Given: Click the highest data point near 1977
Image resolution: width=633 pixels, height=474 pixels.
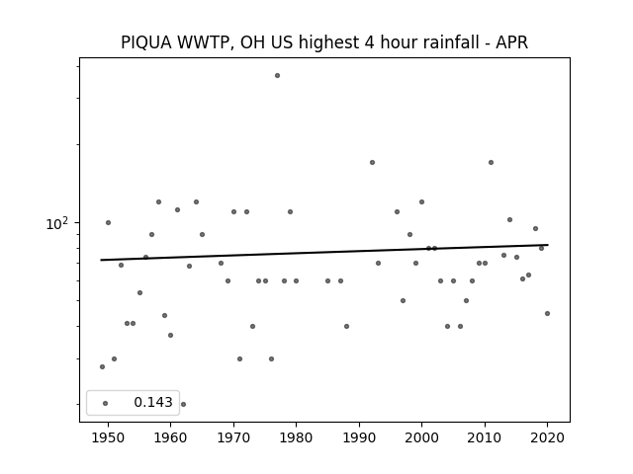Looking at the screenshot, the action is [277, 76].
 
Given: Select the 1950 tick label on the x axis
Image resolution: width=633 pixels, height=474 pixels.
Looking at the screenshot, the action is [108, 437].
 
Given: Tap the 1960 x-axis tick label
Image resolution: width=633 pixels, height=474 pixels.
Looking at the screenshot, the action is [170, 437].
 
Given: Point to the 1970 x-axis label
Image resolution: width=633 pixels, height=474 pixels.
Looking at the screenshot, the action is [233, 437].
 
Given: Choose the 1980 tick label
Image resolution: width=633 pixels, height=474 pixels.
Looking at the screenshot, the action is [296, 437].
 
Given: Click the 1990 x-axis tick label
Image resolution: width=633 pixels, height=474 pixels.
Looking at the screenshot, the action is [359, 437].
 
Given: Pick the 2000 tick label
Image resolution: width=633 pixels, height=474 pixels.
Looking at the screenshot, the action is [421, 437].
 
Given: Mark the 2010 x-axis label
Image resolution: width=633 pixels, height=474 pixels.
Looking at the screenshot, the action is [485, 437].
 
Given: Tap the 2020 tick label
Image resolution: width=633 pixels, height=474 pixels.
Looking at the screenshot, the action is [547, 437].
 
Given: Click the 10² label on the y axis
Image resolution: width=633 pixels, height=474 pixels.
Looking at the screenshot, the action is [56, 224].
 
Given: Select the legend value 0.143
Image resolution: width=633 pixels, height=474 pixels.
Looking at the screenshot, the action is [153, 402].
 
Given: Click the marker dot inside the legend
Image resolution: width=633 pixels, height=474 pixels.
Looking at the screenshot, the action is [106, 403].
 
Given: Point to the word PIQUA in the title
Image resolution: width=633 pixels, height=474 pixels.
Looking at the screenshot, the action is [146, 42].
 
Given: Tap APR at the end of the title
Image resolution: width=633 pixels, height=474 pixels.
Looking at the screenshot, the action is [512, 42].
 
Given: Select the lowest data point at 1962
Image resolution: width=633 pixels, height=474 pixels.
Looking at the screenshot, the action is [183, 404].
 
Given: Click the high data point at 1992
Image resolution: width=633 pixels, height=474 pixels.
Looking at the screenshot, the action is [372, 162].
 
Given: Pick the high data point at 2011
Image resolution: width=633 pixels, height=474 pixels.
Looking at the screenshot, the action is [491, 162].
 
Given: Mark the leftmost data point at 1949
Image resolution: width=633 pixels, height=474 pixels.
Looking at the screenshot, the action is [102, 366].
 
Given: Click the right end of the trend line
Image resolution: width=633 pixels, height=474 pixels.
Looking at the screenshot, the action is [548, 245].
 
